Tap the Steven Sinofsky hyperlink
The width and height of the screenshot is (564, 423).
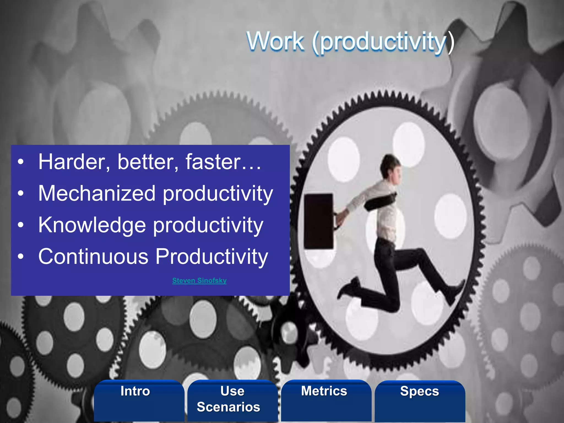click(x=199, y=280)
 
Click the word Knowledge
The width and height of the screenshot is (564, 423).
click(x=92, y=225)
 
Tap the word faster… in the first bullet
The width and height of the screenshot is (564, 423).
click(x=223, y=162)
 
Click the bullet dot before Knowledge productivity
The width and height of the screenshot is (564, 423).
click(x=21, y=225)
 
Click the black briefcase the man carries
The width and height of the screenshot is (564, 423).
click(x=319, y=221)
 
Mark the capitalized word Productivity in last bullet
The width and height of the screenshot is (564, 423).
click(x=211, y=257)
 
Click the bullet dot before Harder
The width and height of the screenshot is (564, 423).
click(x=21, y=162)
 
